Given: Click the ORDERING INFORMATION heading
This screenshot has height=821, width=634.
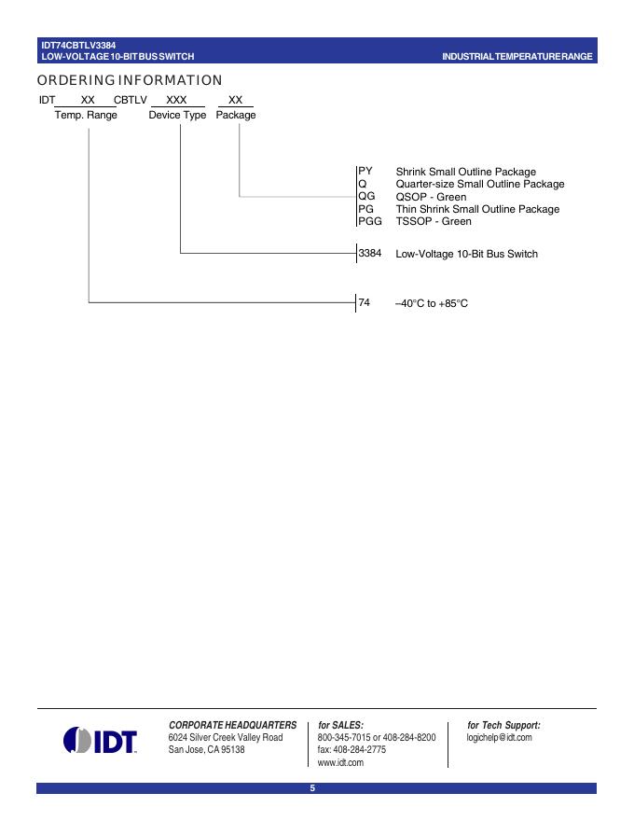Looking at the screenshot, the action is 130,80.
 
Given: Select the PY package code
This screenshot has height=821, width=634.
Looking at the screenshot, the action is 365,172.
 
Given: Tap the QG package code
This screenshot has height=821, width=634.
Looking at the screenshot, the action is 366,197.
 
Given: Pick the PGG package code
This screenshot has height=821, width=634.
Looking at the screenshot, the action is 370,221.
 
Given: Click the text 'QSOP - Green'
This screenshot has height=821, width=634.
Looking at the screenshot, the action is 431,197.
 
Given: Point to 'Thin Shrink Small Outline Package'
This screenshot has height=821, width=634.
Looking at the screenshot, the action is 477,209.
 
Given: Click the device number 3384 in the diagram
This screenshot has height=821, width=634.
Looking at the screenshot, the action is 370,253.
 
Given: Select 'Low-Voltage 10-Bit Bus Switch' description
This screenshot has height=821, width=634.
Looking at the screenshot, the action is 466,254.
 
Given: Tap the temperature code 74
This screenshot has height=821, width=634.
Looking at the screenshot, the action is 365,302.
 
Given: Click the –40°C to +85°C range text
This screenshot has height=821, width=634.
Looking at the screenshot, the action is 431,303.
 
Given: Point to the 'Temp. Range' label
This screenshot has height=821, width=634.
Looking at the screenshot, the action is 86,116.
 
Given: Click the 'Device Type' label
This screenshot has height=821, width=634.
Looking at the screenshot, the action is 177,116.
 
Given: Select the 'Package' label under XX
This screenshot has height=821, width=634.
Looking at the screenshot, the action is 236,116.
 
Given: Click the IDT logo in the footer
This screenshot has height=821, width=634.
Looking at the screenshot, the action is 100,741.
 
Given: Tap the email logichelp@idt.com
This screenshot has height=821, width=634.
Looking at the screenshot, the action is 499,738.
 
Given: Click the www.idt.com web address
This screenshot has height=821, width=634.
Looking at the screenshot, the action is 340,762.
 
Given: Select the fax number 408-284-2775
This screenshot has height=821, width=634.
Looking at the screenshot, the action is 351,750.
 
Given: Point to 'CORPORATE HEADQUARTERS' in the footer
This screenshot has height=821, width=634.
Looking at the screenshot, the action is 232,725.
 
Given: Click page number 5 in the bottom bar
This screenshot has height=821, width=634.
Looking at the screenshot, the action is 313,788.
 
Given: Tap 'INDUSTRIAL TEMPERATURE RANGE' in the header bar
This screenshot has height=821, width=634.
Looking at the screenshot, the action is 517,57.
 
